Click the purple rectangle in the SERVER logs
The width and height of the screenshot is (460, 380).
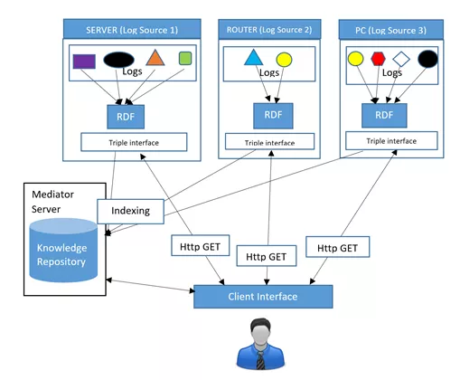84,62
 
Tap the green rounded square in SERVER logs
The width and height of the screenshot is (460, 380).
185,59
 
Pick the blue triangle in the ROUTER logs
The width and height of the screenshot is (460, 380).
252,60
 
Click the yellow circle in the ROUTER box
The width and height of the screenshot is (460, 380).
284,61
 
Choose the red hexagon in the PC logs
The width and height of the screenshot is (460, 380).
379,61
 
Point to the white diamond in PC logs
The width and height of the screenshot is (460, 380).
402,61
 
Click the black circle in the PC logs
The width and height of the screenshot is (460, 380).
427,61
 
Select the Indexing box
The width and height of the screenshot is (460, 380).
130,211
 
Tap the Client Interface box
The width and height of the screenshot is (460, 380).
263,297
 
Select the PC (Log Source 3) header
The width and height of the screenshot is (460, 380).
391,31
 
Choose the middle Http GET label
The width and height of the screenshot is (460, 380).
266,257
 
